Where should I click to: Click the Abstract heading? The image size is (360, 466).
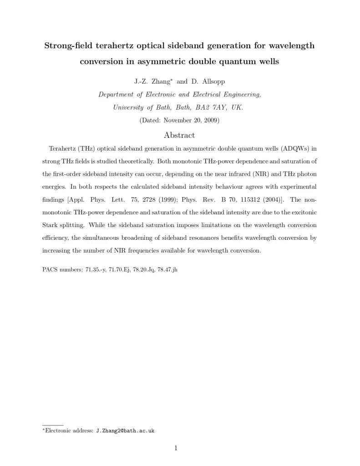(x=179, y=135)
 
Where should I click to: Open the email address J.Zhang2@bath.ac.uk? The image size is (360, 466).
(x=125, y=431)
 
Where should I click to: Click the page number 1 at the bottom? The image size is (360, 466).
(x=176, y=448)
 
